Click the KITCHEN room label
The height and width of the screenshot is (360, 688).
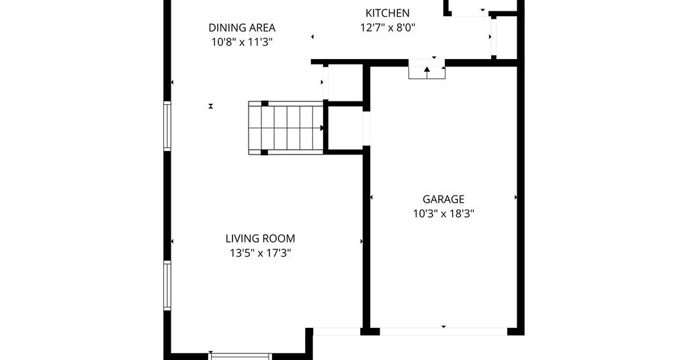(388, 13)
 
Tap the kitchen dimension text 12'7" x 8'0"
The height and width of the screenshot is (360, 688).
(388, 28)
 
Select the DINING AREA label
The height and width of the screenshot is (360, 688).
(242, 28)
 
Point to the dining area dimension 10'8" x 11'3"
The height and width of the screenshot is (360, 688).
(242, 42)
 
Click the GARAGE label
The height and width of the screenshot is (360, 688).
(443, 199)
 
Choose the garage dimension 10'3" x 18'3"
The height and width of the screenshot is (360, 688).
(443, 214)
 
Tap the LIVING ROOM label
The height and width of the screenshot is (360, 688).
(260, 238)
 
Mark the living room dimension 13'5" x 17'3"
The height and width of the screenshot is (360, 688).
(260, 253)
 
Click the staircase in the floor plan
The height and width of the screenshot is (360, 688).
(286, 128)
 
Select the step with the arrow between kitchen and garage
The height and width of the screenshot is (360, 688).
(427, 73)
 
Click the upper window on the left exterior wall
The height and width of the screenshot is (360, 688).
(167, 126)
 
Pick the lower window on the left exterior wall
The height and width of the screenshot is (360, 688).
(167, 285)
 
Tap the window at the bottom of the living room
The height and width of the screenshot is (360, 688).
(239, 356)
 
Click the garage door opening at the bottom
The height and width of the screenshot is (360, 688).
(443, 332)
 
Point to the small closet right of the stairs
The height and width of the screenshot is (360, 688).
(345, 128)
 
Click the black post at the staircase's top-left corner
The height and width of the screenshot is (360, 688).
(265, 103)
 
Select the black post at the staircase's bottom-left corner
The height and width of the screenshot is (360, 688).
(264, 152)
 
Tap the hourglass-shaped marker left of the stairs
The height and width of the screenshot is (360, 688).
(211, 106)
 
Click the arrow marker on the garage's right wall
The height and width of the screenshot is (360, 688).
(515, 197)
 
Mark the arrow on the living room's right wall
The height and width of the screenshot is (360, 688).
(361, 241)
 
